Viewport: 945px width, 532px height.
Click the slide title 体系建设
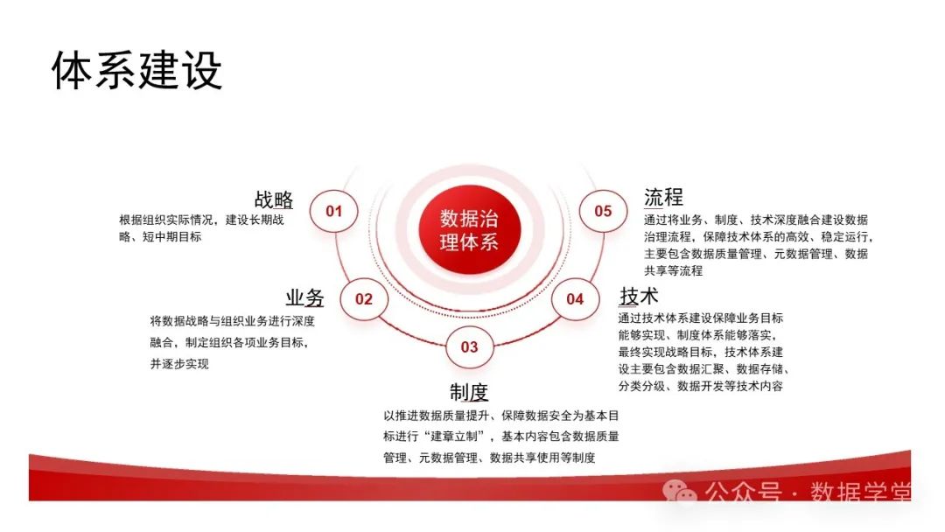(137, 71)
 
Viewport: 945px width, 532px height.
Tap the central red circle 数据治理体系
(469, 230)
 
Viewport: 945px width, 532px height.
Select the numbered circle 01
(334, 211)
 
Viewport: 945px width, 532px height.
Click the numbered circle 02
(364, 299)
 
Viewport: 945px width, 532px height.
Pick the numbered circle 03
(469, 346)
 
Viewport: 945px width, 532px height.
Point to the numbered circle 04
(574, 299)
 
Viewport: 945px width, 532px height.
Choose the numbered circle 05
(603, 211)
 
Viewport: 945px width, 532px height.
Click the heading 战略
(274, 199)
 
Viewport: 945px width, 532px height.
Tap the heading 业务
(304, 297)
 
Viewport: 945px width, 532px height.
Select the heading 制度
(469, 391)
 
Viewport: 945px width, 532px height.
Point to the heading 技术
(639, 295)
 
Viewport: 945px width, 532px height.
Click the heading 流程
(663, 197)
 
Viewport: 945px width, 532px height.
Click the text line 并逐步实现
(179, 364)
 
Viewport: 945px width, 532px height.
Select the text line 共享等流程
(674, 270)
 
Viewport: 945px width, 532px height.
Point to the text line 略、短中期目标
(161, 236)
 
